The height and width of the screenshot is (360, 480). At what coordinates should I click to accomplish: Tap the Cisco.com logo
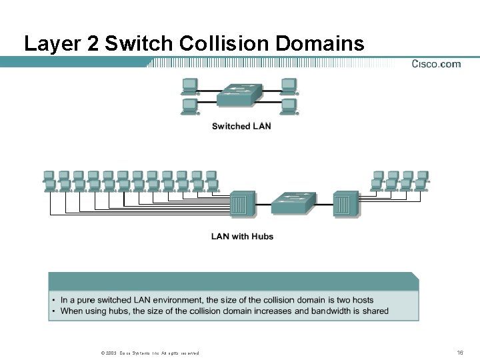[x=436, y=64]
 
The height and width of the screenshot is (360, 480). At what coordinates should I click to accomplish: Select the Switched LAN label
[x=241, y=126]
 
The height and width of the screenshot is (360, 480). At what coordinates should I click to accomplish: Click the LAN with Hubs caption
[x=242, y=236]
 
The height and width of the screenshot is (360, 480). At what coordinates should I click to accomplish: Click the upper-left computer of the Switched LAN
[x=190, y=85]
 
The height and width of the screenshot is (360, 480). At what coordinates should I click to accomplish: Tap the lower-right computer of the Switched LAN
[x=289, y=106]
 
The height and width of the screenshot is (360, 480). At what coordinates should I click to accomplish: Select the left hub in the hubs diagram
[x=242, y=205]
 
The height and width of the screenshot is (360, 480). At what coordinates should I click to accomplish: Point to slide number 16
[x=459, y=352]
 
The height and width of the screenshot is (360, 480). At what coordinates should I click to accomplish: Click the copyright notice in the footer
[x=148, y=353]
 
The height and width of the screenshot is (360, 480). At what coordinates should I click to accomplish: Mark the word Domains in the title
[x=320, y=44]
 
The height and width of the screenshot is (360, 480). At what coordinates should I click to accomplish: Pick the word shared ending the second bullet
[x=375, y=311]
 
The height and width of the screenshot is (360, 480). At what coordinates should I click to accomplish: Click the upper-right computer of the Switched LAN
[x=289, y=85]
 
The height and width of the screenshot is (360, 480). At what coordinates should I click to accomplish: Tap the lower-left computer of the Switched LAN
[x=190, y=106]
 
